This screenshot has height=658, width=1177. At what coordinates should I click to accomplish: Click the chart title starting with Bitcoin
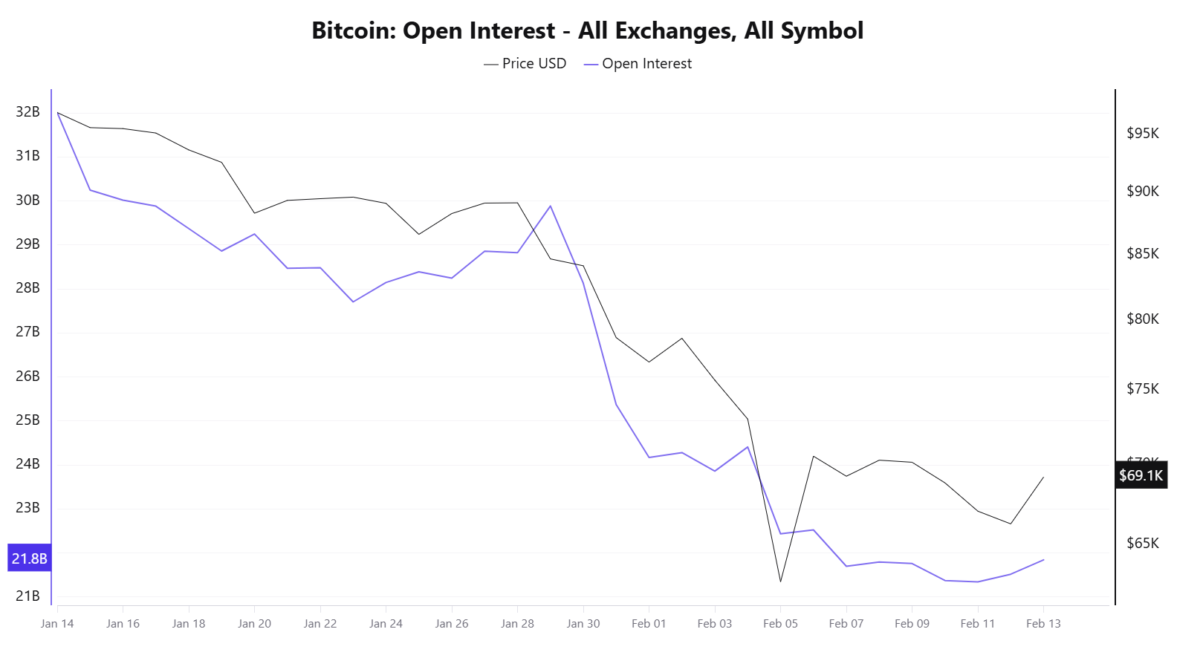(x=588, y=30)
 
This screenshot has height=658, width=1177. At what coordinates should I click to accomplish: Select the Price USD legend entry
(x=525, y=64)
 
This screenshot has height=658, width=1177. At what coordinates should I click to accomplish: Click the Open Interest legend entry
(x=638, y=64)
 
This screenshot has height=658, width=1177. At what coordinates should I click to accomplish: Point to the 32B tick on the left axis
(x=27, y=112)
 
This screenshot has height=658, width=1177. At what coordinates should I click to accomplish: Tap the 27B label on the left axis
(x=27, y=332)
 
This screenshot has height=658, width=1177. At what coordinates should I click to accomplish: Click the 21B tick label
(x=27, y=596)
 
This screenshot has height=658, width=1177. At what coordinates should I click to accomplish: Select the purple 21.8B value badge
(x=30, y=558)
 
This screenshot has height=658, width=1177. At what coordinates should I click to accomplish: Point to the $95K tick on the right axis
(x=1142, y=134)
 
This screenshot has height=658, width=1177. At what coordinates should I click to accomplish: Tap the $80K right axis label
(x=1142, y=319)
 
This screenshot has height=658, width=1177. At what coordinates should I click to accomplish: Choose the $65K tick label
(x=1142, y=543)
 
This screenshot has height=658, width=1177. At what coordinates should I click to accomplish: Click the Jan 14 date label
(x=57, y=624)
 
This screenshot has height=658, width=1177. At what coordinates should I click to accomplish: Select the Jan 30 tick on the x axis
(x=583, y=624)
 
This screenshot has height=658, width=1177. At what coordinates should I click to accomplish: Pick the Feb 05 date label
(x=780, y=624)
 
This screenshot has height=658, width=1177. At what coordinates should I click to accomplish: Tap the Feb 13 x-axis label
(x=1043, y=624)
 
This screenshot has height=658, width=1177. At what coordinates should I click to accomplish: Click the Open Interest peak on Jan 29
(x=551, y=206)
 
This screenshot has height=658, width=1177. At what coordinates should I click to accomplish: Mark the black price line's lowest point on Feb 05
(x=780, y=582)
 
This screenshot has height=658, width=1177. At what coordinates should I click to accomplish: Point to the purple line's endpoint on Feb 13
(x=1043, y=560)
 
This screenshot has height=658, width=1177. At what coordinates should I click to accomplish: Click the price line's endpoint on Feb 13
(x=1043, y=478)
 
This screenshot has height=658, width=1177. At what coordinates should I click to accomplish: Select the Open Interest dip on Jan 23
(x=353, y=302)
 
